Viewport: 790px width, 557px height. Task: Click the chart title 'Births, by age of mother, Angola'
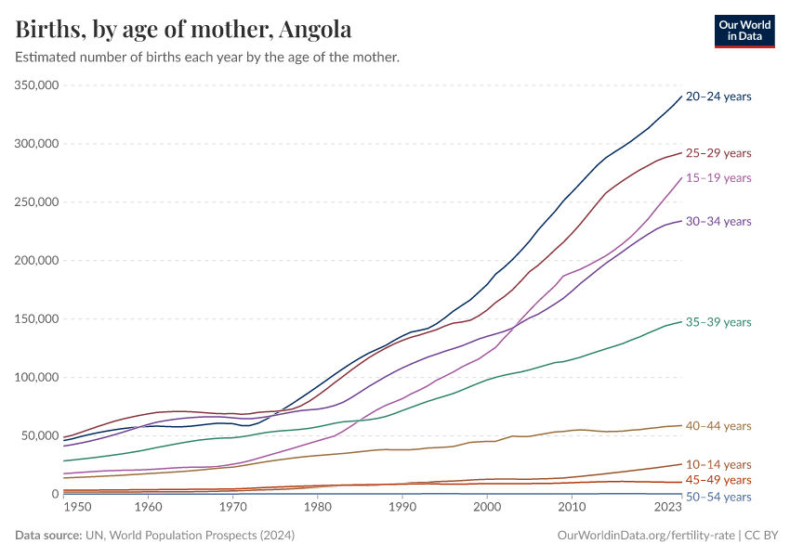click(x=183, y=30)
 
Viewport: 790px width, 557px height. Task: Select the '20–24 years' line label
click(x=718, y=97)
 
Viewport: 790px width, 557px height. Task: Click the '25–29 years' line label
click(x=718, y=153)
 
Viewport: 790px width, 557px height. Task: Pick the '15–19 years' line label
click(x=718, y=178)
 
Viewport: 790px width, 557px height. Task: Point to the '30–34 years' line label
click(x=718, y=222)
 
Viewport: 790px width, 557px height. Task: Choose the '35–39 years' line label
click(x=718, y=323)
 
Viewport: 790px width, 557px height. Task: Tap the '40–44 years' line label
click(x=718, y=426)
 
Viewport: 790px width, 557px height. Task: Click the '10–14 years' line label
click(x=718, y=464)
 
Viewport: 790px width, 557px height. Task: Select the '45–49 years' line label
click(x=718, y=480)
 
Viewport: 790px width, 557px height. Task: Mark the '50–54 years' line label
click(x=718, y=498)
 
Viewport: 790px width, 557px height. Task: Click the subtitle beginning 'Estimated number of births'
click(x=207, y=58)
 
